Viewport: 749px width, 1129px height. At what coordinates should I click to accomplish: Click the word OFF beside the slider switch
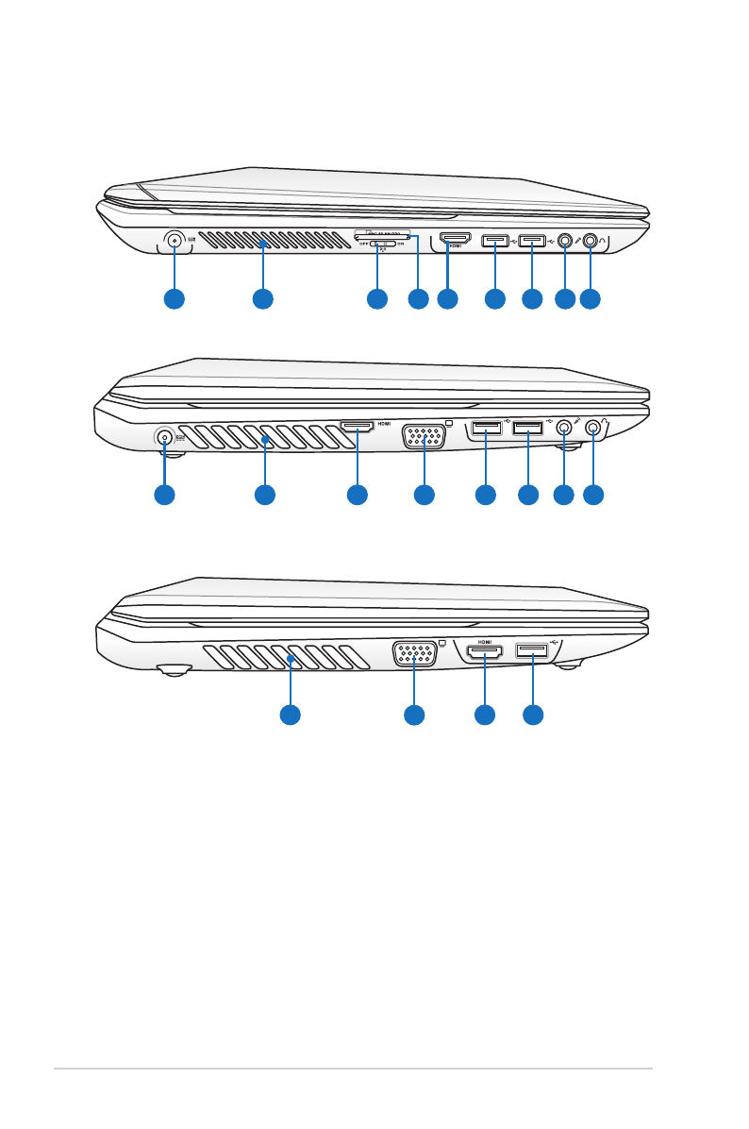[364, 244]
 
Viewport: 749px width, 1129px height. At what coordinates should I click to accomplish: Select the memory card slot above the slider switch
[382, 231]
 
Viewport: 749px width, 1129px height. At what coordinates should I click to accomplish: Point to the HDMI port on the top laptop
[456, 240]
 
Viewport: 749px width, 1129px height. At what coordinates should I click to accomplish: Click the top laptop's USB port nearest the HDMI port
[494, 241]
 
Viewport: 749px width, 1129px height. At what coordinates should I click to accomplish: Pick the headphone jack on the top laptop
[591, 241]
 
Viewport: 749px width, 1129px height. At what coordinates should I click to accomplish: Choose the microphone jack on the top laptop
[565, 241]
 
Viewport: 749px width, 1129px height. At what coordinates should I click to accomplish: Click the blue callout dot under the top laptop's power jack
[174, 299]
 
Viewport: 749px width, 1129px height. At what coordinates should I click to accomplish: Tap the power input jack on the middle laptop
[165, 437]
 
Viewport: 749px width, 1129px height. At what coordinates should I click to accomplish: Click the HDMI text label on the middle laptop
[385, 424]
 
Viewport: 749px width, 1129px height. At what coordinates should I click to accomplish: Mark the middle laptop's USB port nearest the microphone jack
[527, 429]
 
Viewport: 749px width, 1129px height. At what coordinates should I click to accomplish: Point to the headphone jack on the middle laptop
[593, 427]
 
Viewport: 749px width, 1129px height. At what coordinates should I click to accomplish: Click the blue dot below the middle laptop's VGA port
[424, 494]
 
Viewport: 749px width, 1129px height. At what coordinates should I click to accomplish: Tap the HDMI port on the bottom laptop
[484, 651]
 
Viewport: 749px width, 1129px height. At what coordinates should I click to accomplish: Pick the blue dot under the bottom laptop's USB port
[533, 716]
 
